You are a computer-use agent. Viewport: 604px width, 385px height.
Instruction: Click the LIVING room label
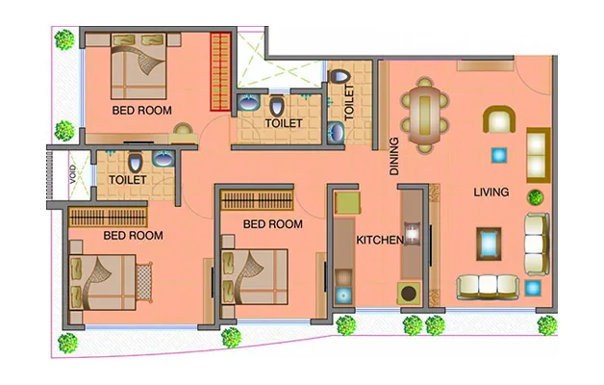(x=491, y=192)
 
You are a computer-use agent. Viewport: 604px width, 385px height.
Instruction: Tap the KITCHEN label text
(x=379, y=240)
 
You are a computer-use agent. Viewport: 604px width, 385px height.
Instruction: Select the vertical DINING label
(x=394, y=156)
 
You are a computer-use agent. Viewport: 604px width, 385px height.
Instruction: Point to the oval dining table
(x=424, y=115)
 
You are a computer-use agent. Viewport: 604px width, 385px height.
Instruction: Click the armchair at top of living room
(x=498, y=120)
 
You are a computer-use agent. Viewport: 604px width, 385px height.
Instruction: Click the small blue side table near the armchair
(x=498, y=154)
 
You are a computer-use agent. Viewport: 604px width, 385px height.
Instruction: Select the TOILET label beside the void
(x=127, y=180)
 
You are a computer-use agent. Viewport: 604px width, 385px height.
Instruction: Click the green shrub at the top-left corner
(x=64, y=39)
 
